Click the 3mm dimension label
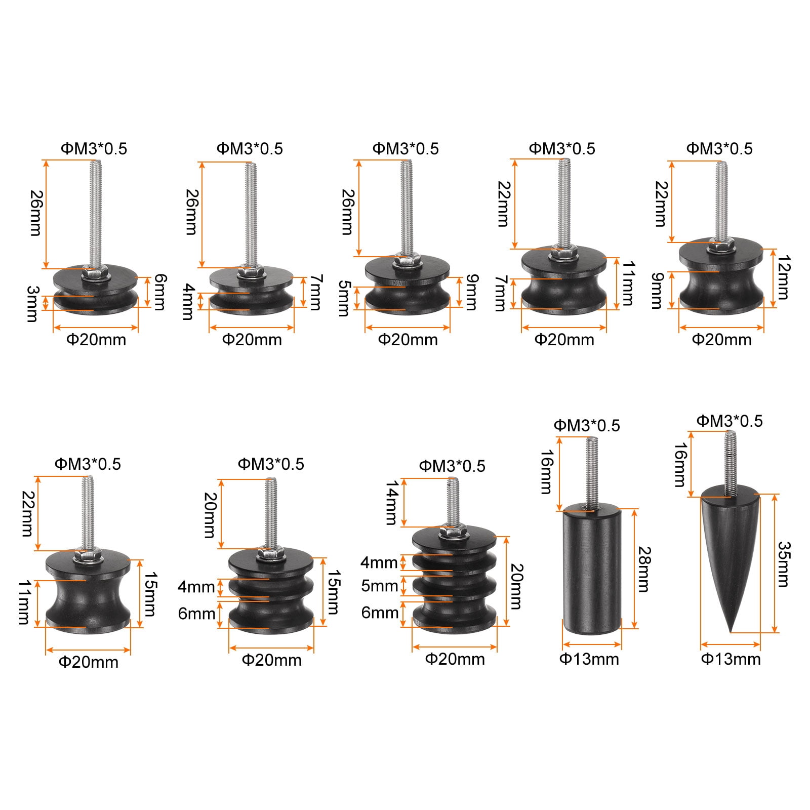(x=32, y=304)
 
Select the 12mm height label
(x=783, y=277)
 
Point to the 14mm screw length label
(x=392, y=503)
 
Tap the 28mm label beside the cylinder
(x=643, y=569)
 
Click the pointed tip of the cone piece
(x=730, y=632)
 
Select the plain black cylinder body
(x=592, y=569)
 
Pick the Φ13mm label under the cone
(x=731, y=659)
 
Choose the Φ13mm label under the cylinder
(x=589, y=659)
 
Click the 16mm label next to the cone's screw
(x=680, y=465)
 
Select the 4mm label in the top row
(x=188, y=302)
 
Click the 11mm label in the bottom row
(x=24, y=602)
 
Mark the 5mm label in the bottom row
(x=380, y=586)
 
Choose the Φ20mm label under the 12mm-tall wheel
(x=721, y=339)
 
